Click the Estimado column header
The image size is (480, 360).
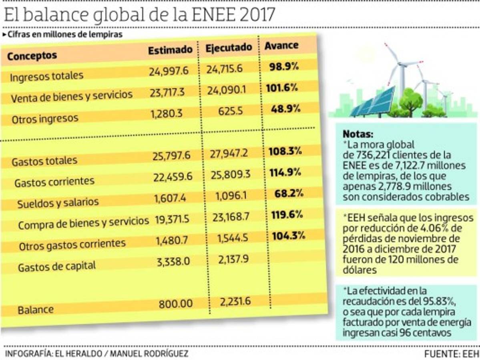click(x=170, y=50)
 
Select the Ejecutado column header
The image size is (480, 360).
click(x=229, y=47)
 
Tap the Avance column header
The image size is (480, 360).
click(x=281, y=45)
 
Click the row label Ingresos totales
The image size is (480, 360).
click(x=47, y=76)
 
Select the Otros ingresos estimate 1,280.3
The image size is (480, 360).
click(x=167, y=114)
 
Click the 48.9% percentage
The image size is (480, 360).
click(x=284, y=109)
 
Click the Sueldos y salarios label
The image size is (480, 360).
click(x=58, y=203)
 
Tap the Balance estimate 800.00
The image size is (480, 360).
click(x=175, y=304)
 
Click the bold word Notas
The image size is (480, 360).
click(x=357, y=134)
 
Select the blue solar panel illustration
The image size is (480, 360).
click(x=368, y=103)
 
